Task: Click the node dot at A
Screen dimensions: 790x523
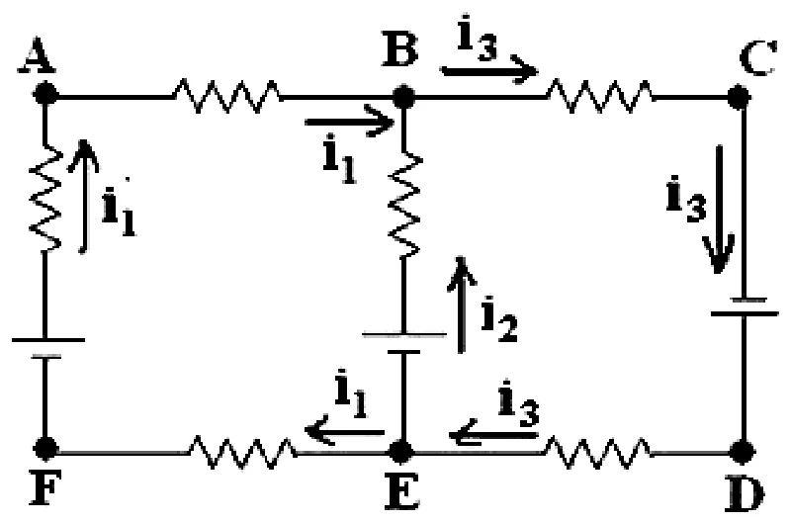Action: (x=45, y=94)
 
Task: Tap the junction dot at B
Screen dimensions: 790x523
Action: (x=403, y=97)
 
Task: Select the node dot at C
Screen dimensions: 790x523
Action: (x=739, y=97)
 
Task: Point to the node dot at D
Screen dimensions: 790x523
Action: (x=743, y=452)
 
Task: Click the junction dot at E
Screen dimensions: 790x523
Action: (x=401, y=452)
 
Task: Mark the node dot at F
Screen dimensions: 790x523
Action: (x=45, y=449)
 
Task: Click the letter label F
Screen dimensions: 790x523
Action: (x=45, y=487)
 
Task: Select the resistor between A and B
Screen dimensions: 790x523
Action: (x=226, y=95)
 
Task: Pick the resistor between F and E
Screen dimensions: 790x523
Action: (x=242, y=452)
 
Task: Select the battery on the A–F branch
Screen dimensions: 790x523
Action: (x=46, y=348)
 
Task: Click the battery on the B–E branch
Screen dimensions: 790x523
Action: (x=404, y=343)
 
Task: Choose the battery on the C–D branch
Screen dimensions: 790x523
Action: (x=745, y=306)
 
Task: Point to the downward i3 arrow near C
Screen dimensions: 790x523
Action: (x=720, y=209)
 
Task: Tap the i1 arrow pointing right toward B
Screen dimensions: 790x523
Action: (x=349, y=122)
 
